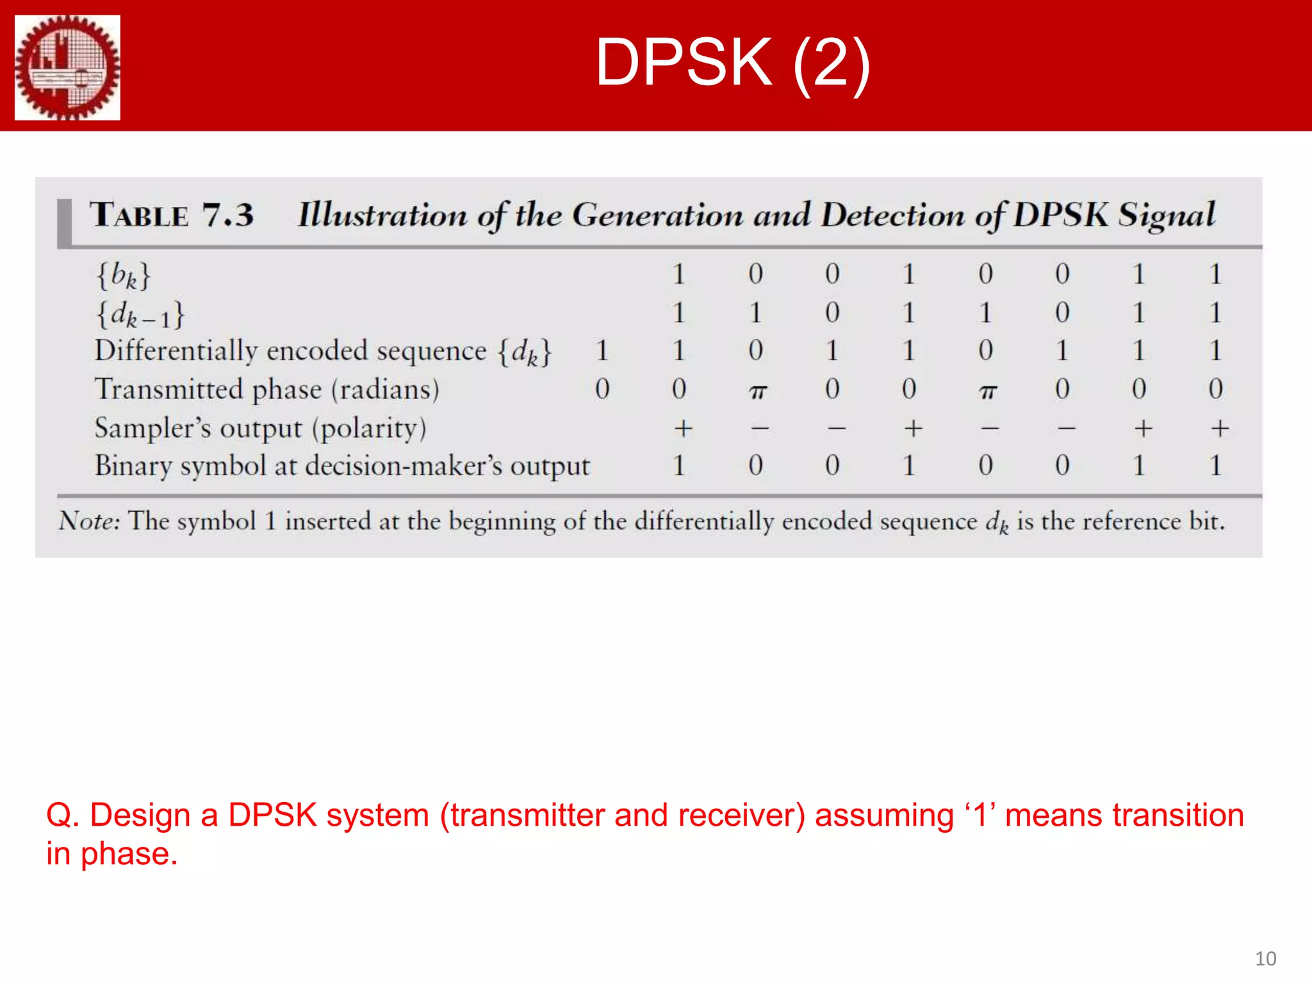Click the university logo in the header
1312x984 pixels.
[67, 67]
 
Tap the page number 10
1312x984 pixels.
[1265, 958]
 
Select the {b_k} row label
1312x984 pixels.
[124, 275]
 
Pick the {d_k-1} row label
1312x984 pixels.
[140, 315]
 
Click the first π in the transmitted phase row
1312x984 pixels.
[757, 391]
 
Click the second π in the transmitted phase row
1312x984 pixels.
[988, 391]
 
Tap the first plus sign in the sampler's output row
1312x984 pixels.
[683, 428]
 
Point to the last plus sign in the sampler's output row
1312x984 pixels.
[1220, 428]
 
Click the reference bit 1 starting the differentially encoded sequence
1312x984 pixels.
[602, 351]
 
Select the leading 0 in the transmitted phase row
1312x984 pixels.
[602, 389]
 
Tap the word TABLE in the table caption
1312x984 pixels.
[139, 215]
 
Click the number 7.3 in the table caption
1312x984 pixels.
[228, 215]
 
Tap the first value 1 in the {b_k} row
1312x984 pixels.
[679, 275]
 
